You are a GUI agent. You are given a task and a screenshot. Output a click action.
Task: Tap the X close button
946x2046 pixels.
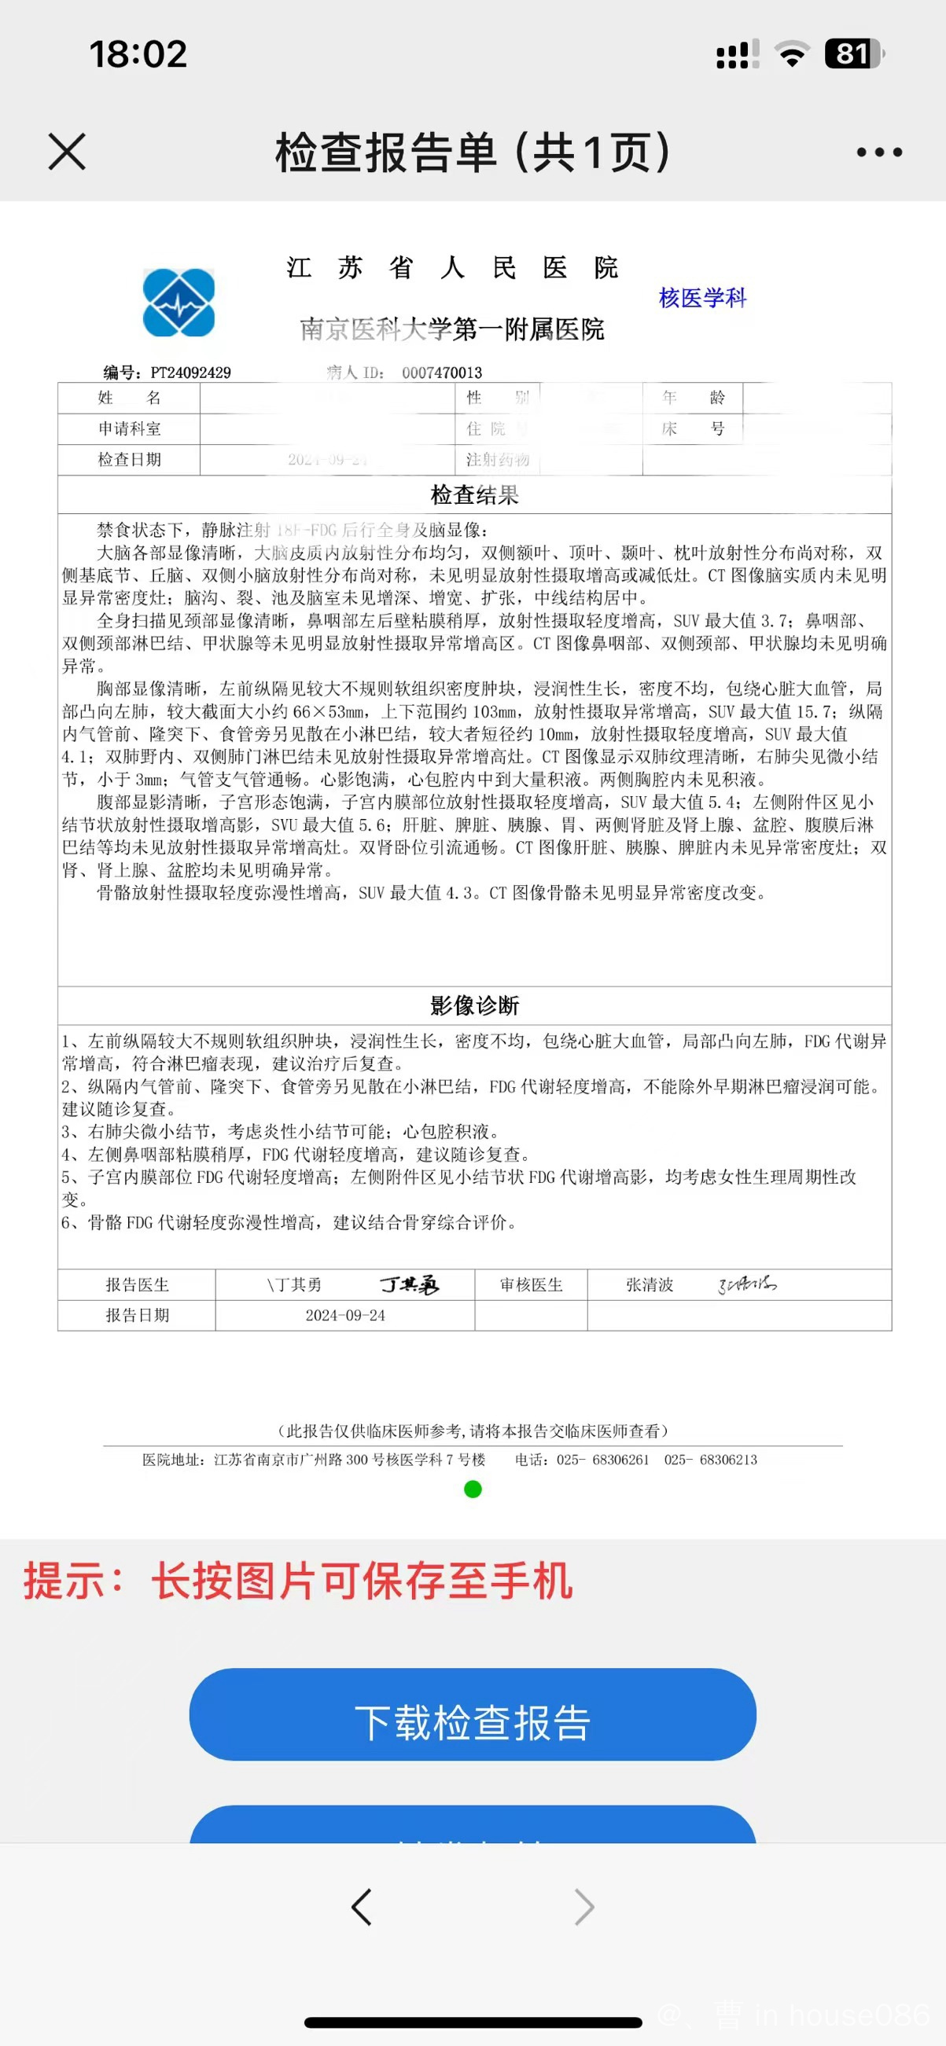[x=67, y=152]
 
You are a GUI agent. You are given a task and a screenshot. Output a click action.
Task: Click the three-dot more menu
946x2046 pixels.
[x=879, y=152]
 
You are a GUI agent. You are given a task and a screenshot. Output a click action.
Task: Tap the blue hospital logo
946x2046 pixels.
[x=179, y=303]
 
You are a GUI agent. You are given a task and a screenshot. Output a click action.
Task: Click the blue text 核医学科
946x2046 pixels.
[x=702, y=298]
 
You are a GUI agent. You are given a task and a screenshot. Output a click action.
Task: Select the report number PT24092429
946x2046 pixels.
[x=190, y=373]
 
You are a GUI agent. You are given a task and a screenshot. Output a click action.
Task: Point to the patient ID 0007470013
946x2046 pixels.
[x=442, y=373]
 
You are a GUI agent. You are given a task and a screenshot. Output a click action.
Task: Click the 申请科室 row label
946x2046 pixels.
[x=130, y=429]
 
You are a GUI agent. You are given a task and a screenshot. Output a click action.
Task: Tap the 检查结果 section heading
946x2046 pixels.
[x=474, y=495]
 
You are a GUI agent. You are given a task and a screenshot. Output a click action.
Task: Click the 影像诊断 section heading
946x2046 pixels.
[x=474, y=1005]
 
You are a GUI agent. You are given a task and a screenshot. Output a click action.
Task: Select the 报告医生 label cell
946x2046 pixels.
[x=138, y=1284]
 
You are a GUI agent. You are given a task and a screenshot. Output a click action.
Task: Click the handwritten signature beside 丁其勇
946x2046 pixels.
[x=410, y=1284]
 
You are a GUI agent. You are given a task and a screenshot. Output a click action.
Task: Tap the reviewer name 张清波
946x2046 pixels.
[x=650, y=1284]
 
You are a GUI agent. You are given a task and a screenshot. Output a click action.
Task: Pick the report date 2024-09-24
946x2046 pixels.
[x=345, y=1315]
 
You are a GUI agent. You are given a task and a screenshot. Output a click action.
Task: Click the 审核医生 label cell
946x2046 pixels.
[x=532, y=1284]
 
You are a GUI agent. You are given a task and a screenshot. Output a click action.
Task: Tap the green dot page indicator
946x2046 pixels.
[x=473, y=1490]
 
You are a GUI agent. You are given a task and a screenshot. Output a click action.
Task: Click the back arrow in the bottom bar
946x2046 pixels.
[x=362, y=1907]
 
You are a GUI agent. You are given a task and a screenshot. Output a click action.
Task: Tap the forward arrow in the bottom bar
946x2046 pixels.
[x=584, y=1907]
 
